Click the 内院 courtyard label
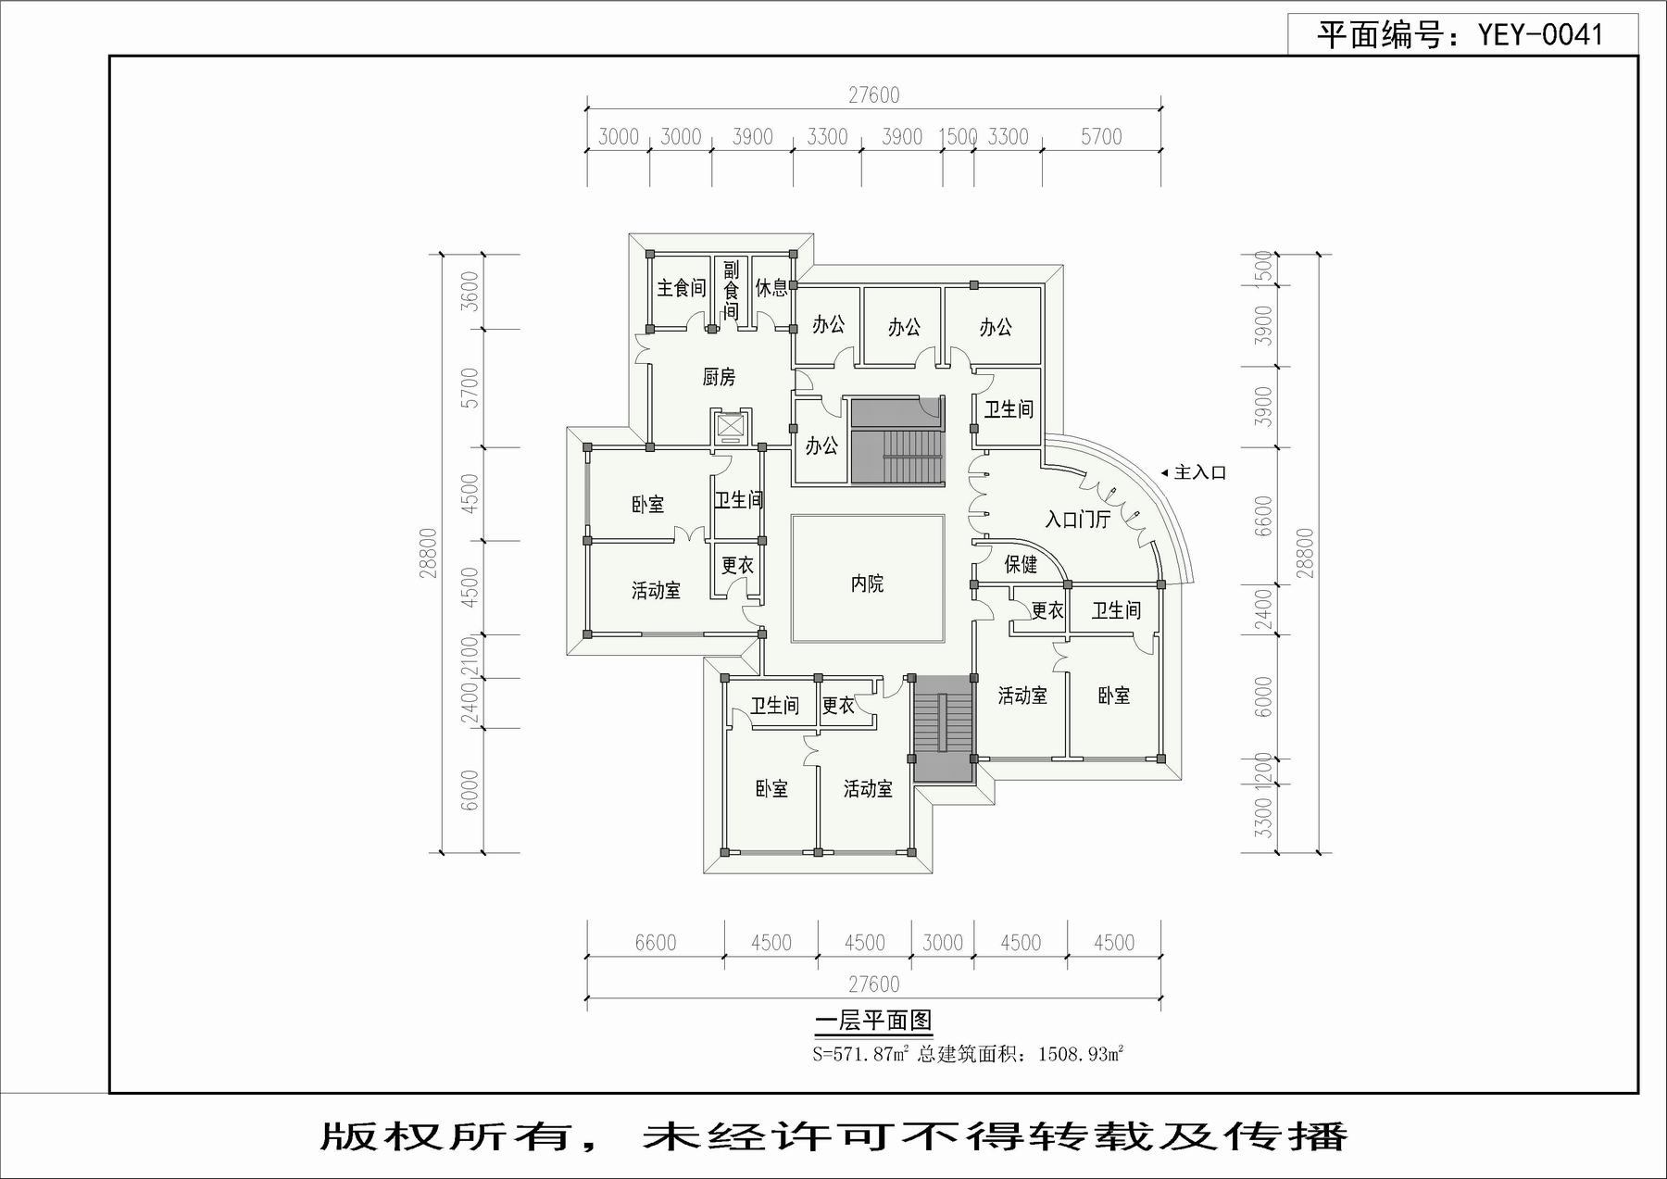[867, 583]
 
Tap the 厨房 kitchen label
[719, 377]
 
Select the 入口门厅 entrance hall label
[1077, 520]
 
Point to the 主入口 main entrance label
[1199, 472]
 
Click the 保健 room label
[1021, 564]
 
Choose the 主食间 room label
[681, 288]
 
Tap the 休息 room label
[771, 288]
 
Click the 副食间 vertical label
[732, 290]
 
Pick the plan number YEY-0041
[1540, 35]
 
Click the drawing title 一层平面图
[872, 1021]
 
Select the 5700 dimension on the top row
[1101, 137]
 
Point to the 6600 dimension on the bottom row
[656, 943]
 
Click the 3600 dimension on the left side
[470, 291]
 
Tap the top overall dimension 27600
[874, 95]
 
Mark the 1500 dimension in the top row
[959, 137]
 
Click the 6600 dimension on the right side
[1263, 516]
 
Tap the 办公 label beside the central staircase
[821, 445]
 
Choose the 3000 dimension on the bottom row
[943, 943]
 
